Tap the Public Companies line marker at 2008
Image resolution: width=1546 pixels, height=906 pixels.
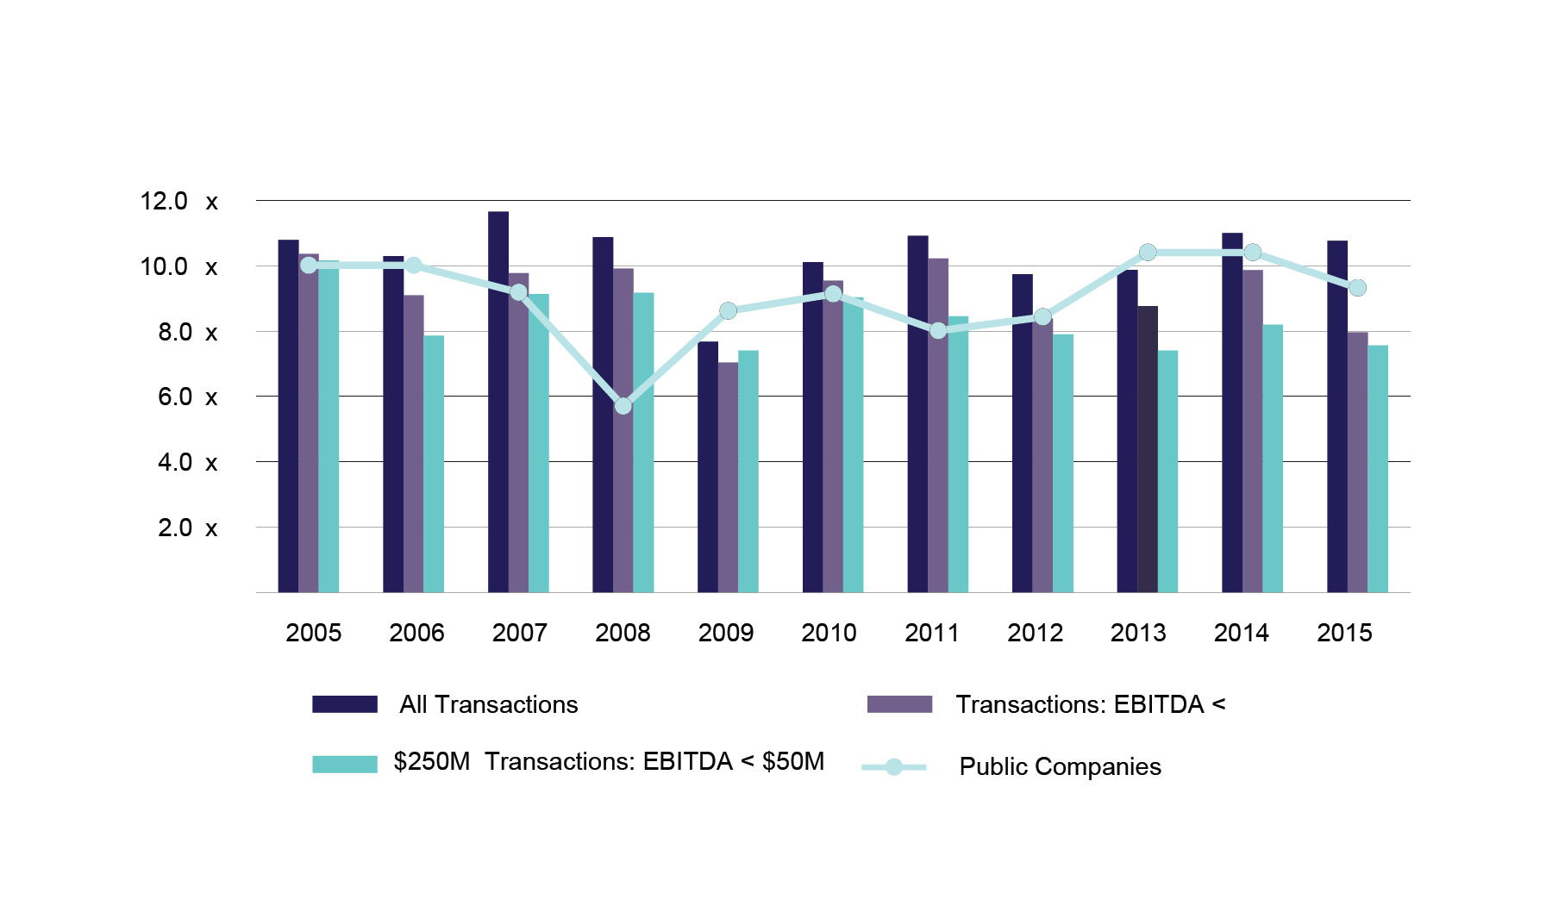[x=623, y=406]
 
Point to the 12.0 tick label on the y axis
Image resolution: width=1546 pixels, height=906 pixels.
[x=164, y=202]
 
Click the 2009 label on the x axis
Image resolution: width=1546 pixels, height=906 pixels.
[x=726, y=633]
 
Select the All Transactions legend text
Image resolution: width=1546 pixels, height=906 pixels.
[x=488, y=705]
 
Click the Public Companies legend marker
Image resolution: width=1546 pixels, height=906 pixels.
[x=894, y=766]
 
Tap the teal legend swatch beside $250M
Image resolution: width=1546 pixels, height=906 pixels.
[x=345, y=764]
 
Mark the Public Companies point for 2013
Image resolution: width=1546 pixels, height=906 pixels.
[x=1148, y=253]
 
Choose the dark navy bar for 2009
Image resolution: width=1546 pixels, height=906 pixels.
[x=708, y=466]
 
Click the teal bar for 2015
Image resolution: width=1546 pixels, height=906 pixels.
[x=1378, y=469]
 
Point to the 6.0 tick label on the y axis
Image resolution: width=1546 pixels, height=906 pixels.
[x=175, y=397]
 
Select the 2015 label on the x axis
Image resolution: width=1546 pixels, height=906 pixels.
[x=1344, y=633]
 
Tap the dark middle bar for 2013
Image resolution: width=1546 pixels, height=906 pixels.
[x=1148, y=449]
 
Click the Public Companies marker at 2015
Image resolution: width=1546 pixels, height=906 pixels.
[x=1357, y=288]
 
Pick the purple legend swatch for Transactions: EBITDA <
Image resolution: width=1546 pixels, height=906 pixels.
[x=899, y=704]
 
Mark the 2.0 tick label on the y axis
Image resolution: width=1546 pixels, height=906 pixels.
[x=175, y=528]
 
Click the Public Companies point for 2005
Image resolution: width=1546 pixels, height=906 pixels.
[x=309, y=266]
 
